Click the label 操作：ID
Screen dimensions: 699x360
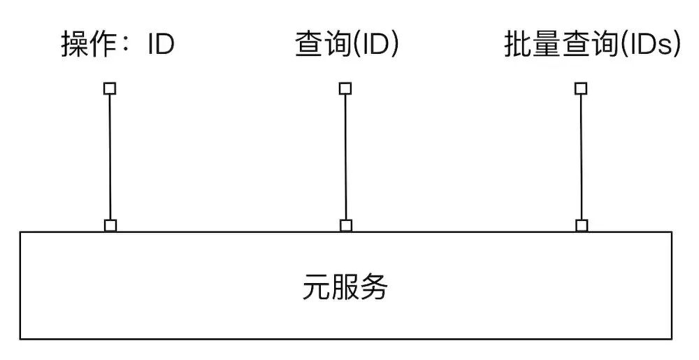point(117,45)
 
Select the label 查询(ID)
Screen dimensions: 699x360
point(347,45)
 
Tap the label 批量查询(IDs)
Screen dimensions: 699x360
point(591,45)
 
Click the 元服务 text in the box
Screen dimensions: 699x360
point(345,287)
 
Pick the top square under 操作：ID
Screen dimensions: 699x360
point(110,89)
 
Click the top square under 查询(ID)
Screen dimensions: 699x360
point(345,89)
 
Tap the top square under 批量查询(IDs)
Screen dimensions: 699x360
point(581,89)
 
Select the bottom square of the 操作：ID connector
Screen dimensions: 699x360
point(110,225)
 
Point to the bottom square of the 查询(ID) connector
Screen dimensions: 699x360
point(345,225)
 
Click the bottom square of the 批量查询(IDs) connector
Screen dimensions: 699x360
point(581,225)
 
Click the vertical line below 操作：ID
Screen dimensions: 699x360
point(110,157)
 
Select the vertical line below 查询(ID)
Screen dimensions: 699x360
point(345,157)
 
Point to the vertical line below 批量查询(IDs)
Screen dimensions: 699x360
point(581,157)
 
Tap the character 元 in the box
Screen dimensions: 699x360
point(317,287)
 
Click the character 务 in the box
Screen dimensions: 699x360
point(374,287)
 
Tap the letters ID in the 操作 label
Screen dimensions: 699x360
point(161,45)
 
